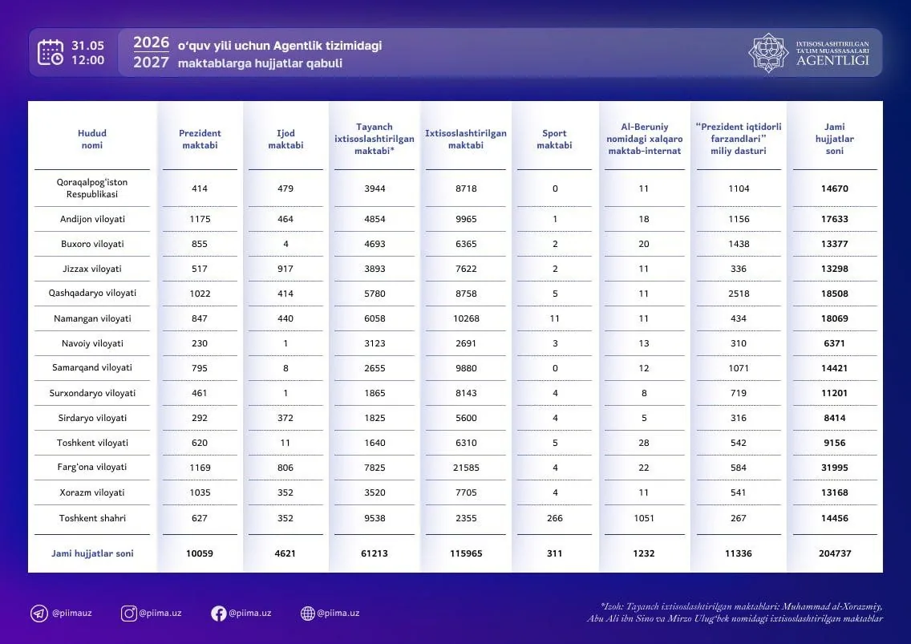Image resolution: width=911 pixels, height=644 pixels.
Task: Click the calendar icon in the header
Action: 51,52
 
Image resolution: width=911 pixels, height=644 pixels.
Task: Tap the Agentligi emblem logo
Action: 768,52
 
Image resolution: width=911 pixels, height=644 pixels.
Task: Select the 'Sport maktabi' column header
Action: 554,139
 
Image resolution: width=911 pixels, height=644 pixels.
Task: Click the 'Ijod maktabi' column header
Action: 285,139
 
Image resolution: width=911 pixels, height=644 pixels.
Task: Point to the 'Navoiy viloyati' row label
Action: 92,343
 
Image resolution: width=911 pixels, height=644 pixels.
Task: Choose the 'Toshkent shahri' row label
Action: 92,518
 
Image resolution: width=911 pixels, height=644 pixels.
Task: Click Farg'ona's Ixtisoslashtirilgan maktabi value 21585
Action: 466,468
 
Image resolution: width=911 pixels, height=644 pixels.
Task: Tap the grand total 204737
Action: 835,553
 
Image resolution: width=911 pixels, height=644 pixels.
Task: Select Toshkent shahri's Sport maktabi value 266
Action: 555,518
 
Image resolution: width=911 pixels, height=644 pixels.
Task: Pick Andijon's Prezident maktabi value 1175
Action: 200,219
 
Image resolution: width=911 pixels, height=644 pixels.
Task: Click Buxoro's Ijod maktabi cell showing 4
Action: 285,244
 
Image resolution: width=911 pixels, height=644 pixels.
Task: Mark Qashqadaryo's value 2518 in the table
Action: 739,294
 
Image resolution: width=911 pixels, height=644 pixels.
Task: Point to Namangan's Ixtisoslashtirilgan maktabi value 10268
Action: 466,318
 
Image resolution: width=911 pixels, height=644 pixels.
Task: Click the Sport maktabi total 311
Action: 555,553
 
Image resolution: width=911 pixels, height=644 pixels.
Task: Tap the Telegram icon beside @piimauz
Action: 39,614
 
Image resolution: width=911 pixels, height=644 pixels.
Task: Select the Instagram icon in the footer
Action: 129,614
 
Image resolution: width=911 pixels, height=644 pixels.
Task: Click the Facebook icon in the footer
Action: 218,614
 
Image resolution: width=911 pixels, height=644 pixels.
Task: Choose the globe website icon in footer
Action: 308,614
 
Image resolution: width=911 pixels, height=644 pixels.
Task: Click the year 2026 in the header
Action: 151,43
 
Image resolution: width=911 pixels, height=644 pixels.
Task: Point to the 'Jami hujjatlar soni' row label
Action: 92,553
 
